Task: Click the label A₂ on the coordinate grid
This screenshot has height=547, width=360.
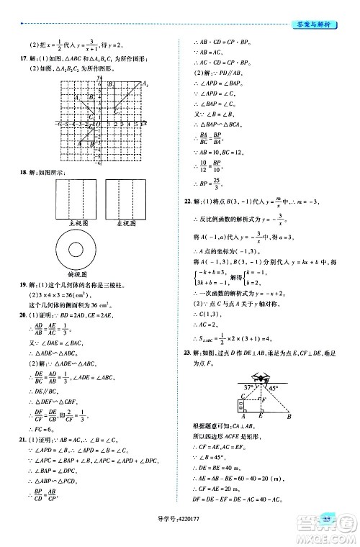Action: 145,85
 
